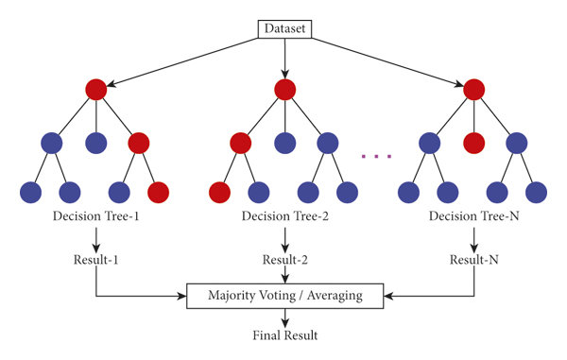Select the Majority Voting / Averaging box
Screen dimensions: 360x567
click(283, 296)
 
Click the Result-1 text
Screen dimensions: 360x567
click(95, 259)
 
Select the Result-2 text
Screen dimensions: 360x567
click(283, 259)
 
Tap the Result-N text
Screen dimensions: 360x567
click(472, 259)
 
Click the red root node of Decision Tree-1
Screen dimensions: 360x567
click(95, 90)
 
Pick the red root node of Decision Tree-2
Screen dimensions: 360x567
click(283, 90)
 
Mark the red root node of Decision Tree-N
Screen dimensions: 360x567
click(472, 90)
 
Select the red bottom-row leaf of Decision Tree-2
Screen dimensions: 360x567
click(219, 191)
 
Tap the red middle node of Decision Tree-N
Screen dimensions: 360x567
click(472, 143)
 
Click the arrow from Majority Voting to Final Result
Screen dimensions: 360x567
click(283, 317)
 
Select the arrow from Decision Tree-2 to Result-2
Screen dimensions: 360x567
click(283, 239)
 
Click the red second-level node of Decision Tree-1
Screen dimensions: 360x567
click(138, 143)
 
